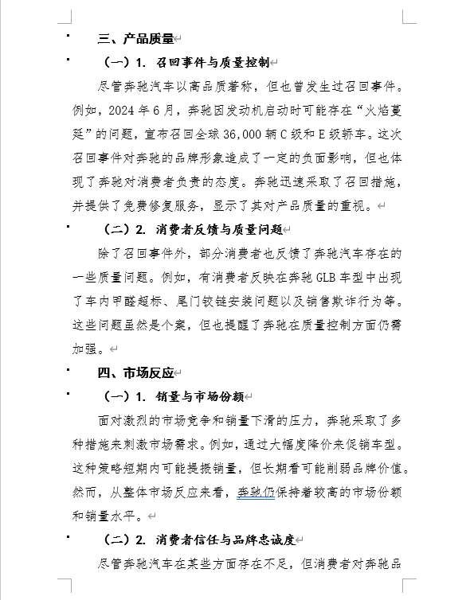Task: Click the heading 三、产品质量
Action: click(135, 38)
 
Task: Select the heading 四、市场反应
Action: click(135, 372)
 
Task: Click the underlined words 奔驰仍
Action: click(256, 492)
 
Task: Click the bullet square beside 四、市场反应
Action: click(69, 370)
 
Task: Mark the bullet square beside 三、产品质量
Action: click(69, 35)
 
